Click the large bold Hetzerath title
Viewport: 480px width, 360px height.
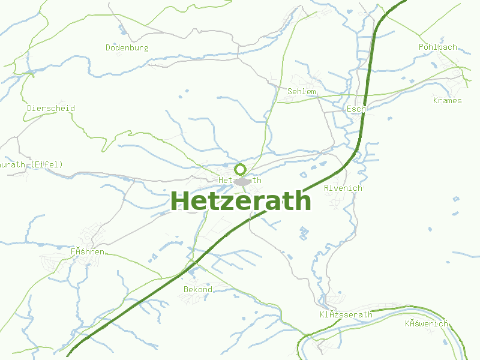point(241,201)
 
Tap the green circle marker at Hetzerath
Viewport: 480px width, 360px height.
point(241,169)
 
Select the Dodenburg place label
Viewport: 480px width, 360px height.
point(127,47)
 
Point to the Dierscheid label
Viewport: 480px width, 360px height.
point(51,108)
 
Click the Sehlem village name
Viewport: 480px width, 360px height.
point(302,91)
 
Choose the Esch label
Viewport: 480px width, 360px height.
point(356,109)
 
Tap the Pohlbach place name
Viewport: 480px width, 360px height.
point(438,47)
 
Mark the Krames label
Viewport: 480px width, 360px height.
point(448,100)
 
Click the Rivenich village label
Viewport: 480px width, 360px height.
point(343,188)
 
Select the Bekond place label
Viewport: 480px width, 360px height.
point(198,289)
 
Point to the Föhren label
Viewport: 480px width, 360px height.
point(88,251)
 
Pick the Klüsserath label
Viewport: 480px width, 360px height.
point(346,314)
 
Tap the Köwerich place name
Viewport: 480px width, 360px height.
point(427,323)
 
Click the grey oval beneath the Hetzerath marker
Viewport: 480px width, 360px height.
point(241,181)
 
